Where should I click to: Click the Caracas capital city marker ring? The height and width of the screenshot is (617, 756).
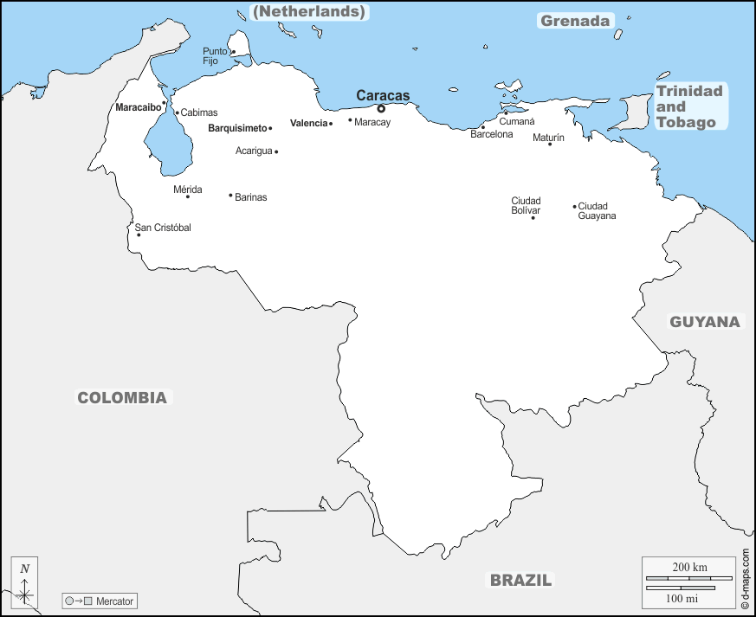[381, 109]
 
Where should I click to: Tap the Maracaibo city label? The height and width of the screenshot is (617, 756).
[138, 107]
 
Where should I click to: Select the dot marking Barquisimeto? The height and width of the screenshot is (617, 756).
[270, 128]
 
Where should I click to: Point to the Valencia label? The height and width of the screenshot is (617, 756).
[308, 123]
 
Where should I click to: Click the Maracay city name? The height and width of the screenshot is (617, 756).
[372, 122]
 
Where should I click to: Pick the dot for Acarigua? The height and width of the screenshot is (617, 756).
[276, 151]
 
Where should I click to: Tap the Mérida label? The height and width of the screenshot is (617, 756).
[187, 189]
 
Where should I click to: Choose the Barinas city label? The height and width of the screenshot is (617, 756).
[250, 197]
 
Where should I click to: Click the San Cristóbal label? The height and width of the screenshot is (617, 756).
[163, 228]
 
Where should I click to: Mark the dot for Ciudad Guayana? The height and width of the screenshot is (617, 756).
[574, 206]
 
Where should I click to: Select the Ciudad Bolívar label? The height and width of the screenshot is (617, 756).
[526, 206]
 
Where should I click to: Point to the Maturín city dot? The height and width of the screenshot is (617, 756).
[550, 144]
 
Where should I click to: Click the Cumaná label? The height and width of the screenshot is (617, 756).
[516, 121]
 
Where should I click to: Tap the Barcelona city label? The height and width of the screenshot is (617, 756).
[492, 134]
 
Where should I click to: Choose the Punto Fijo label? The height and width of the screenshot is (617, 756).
[215, 56]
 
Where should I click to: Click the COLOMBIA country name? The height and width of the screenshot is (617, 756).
[122, 398]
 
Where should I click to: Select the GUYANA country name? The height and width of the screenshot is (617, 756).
[705, 322]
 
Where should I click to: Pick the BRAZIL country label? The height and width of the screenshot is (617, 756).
[520, 581]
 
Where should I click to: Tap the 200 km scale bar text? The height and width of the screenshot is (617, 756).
[689, 567]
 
